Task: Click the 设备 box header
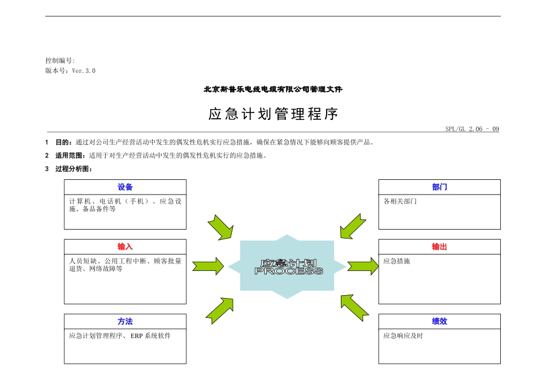125,187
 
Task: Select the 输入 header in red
125,247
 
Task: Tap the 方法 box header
125,321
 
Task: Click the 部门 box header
439,187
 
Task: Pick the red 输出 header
439,247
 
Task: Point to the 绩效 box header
439,321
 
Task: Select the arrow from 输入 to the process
208,266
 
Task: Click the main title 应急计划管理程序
273,114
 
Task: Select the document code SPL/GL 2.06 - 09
472,129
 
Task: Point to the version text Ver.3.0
84,71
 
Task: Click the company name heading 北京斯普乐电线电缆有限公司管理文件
273,89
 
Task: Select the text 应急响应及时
403,336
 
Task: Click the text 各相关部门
400,201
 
